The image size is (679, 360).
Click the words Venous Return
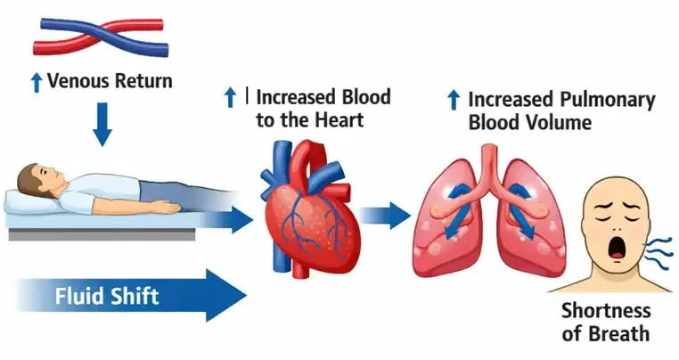(x=110, y=81)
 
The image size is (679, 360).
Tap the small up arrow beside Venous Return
(x=37, y=82)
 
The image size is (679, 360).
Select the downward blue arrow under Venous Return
(x=102, y=125)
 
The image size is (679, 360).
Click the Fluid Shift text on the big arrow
(x=107, y=296)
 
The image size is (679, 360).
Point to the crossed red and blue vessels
(x=101, y=37)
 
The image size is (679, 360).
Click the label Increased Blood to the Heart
(x=323, y=109)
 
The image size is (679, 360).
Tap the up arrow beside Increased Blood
(x=230, y=97)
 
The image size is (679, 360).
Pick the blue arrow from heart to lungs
(x=385, y=214)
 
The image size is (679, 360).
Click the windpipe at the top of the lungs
(x=491, y=162)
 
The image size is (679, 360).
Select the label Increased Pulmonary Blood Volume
(x=561, y=110)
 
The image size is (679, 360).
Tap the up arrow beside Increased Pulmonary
(x=454, y=100)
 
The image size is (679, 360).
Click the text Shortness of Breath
(x=606, y=323)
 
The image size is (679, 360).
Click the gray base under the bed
(x=102, y=234)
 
